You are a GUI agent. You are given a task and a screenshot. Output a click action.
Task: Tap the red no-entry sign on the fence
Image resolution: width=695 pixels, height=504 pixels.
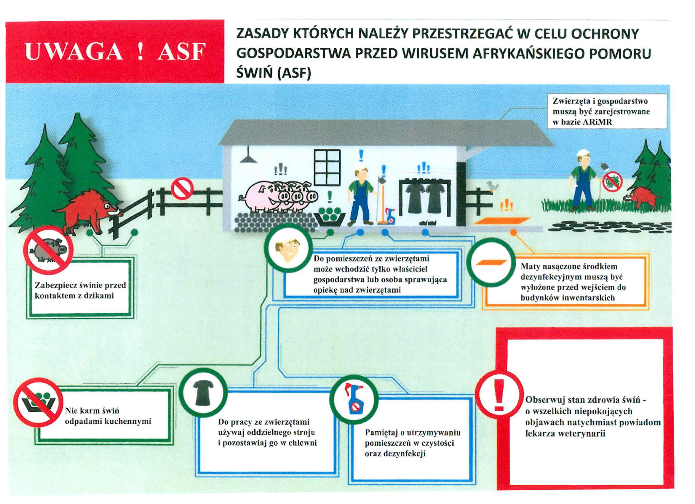182,188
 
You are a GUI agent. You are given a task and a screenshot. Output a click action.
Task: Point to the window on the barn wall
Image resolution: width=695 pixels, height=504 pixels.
327,168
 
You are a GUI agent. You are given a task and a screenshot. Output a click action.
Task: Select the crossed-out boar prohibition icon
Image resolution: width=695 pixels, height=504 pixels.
48,250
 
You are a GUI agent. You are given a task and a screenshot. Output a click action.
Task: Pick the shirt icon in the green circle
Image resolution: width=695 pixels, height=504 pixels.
203,394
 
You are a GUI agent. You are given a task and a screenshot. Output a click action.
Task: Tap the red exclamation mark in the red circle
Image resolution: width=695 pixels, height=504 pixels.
499,395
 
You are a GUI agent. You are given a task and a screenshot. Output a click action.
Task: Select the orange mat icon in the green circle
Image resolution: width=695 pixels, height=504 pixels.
491,262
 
